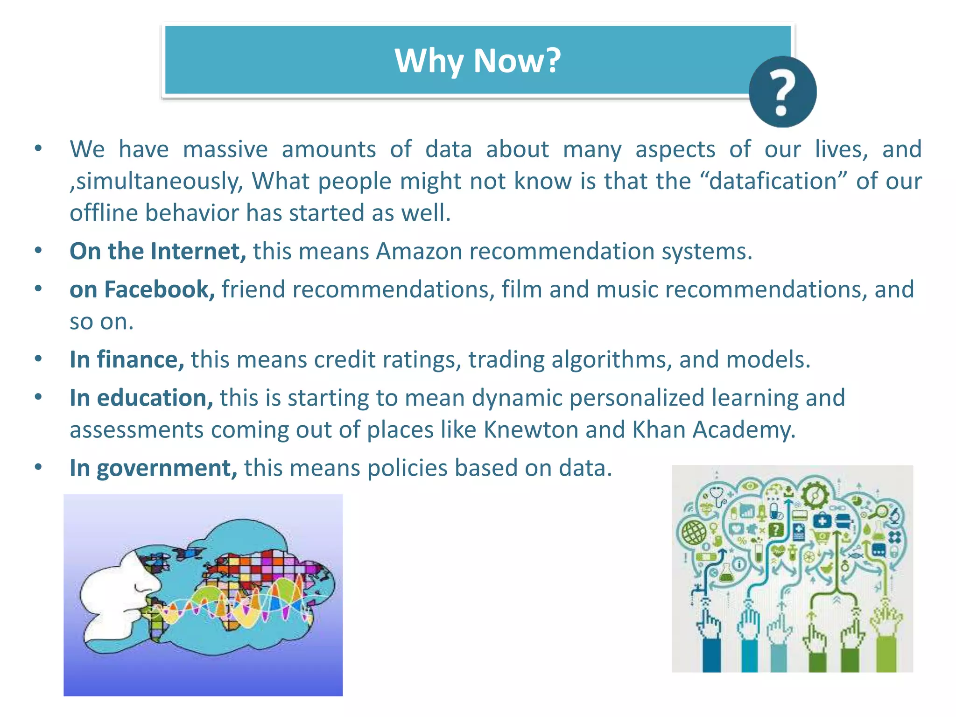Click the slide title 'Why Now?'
pos(478,61)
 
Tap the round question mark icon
pos(782,91)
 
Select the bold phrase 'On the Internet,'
pos(158,251)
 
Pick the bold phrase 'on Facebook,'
pos(142,289)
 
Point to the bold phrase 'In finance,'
pos(127,359)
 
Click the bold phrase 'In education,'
pos(141,398)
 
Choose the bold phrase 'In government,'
pos(154,468)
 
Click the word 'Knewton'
pos(531,429)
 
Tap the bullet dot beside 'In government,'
pos(38,467)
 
